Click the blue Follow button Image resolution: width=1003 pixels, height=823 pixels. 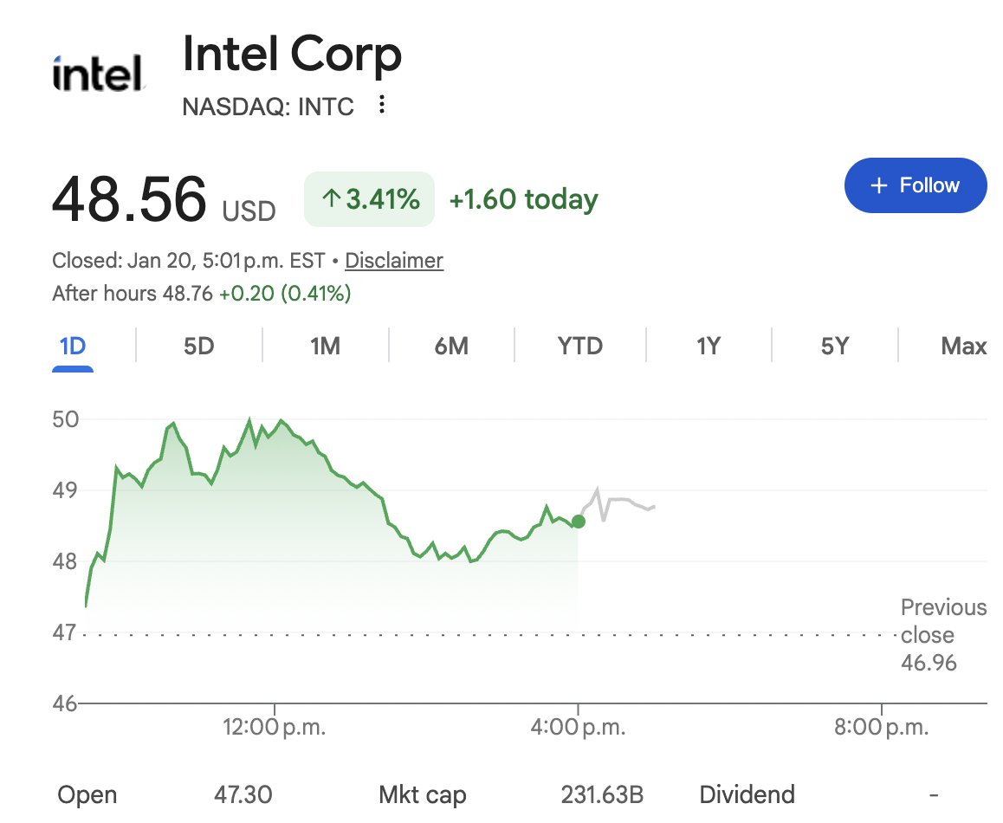coord(916,185)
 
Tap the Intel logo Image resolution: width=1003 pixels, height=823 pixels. coord(97,75)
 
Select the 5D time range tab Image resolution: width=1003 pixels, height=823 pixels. coord(198,347)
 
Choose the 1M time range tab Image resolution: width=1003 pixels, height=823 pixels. coord(325,347)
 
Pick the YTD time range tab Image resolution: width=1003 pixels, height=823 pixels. coord(579,347)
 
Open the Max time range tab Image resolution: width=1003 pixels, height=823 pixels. coord(963,347)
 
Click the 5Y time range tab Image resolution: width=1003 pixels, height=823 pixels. coord(834,347)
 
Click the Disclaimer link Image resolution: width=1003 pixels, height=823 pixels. coord(394,260)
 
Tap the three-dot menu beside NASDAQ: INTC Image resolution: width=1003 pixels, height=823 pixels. coord(382,106)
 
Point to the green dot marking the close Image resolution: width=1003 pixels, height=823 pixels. coord(579,521)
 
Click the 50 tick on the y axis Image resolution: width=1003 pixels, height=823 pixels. coord(66,420)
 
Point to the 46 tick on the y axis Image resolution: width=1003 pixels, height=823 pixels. coord(66,703)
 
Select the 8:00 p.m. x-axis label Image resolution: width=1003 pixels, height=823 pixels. coord(881,727)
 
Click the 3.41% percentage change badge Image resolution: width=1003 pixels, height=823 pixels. coord(370,200)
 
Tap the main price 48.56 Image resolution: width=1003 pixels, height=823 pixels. coord(129,198)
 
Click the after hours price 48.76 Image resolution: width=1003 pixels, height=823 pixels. coord(188,294)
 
